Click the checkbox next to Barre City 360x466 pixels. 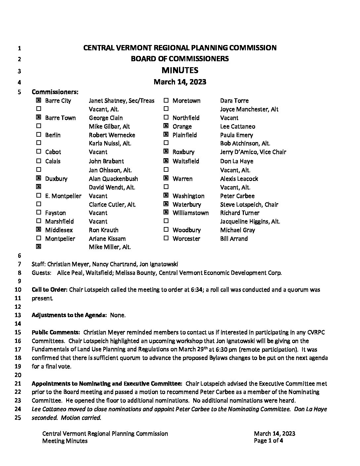pos(39,100)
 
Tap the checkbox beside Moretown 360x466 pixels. pos(166,100)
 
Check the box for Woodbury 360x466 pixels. pos(166,230)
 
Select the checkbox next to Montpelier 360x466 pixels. pos(39,238)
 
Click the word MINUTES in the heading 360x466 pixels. pos(180,70)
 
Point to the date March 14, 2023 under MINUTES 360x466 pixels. pos(180,82)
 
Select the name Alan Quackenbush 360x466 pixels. pos(113,179)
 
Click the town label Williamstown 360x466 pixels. pos(191,213)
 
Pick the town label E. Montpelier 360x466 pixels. pos(63,196)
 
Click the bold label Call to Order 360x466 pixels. pos(49,290)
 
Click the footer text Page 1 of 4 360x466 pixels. pos(268,441)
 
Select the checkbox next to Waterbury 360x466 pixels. pos(166,204)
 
